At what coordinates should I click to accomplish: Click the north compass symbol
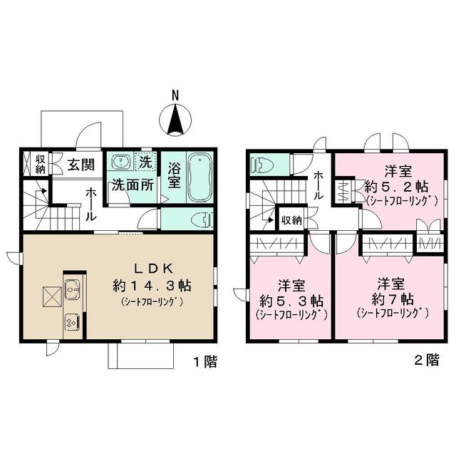point(176,119)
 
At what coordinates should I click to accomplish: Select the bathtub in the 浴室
point(199,177)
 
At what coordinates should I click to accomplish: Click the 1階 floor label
point(205,362)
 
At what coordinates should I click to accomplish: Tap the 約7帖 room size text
point(392,297)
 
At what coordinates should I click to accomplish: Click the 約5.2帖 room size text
point(396,187)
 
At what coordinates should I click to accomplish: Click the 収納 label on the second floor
point(290,219)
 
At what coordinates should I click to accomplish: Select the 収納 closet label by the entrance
point(41,165)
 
